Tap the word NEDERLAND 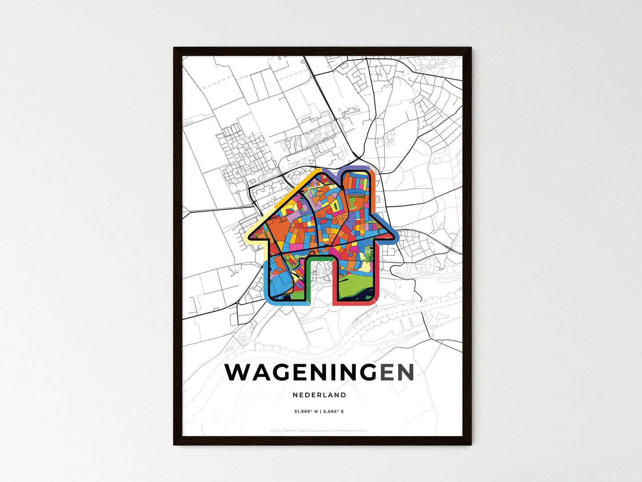pos(319,395)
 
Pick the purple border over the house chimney pos(355,169)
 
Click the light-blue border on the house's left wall pos(267,280)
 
